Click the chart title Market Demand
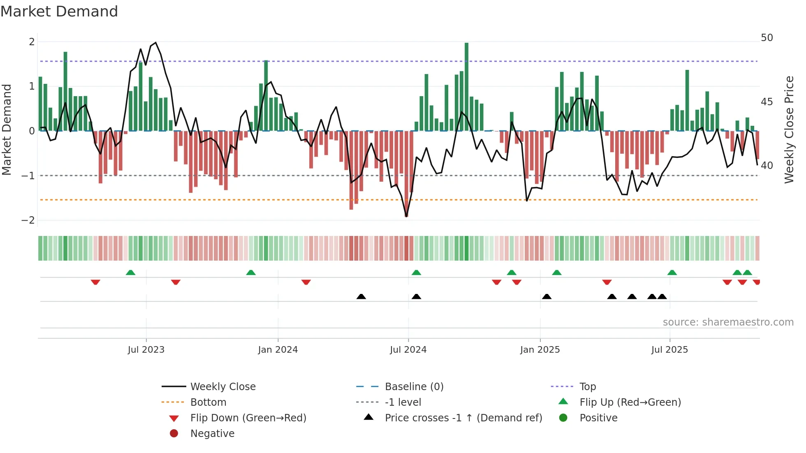pyautogui.click(x=59, y=12)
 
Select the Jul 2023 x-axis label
pyautogui.click(x=146, y=350)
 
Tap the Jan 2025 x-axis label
pyautogui.click(x=540, y=350)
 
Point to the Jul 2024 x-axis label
pyautogui.click(x=408, y=350)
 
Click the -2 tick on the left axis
pyautogui.click(x=28, y=220)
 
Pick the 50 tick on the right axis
pyautogui.click(x=767, y=38)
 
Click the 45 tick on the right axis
pyautogui.click(x=767, y=102)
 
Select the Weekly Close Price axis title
pyautogui.click(x=789, y=129)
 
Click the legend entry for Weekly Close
pyautogui.click(x=222, y=387)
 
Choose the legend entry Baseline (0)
pyautogui.click(x=414, y=387)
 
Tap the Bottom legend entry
pyautogui.click(x=208, y=402)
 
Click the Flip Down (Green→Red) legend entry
pyautogui.click(x=248, y=418)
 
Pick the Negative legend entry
pyautogui.click(x=212, y=434)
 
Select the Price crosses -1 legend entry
pyautogui.click(x=463, y=418)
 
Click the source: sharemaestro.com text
pyautogui.click(x=728, y=322)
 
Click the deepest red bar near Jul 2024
pyautogui.click(x=406, y=173)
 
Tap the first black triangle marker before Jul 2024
pyautogui.click(x=361, y=296)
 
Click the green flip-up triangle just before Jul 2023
pyautogui.click(x=130, y=273)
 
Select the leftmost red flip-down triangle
pyautogui.click(x=95, y=282)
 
